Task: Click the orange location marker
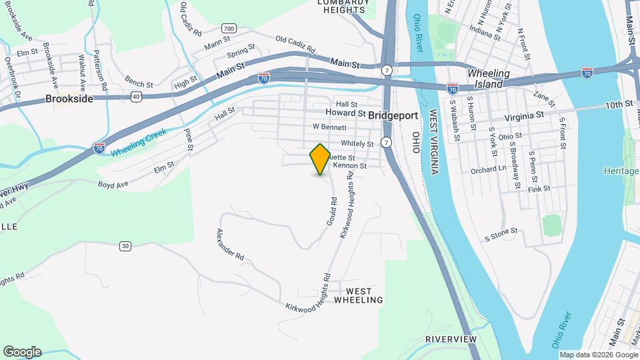(x=320, y=159)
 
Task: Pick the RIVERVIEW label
(x=451, y=339)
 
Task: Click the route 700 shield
(x=229, y=29)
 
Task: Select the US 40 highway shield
(x=136, y=97)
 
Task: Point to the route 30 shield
(x=125, y=246)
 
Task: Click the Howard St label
(x=341, y=114)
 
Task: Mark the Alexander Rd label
(x=230, y=245)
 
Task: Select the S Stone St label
(x=501, y=235)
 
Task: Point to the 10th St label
(x=618, y=105)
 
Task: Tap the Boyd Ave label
(x=112, y=184)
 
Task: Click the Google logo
(x=22, y=351)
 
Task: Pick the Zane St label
(x=544, y=100)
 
